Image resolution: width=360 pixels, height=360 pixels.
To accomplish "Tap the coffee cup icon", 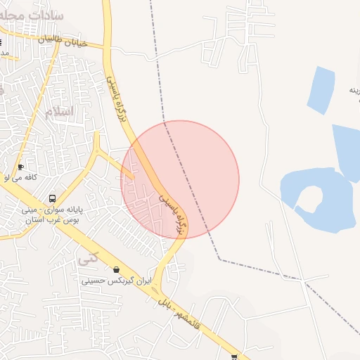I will [x=20, y=167].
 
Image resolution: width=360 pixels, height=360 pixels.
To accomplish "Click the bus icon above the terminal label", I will [x=53, y=198].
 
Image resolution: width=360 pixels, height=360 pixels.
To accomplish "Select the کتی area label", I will [x=88, y=257].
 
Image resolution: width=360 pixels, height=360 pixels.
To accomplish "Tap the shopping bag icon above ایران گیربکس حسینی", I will [x=115, y=269].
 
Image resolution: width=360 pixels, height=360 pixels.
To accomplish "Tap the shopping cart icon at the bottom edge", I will [x=234, y=356].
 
